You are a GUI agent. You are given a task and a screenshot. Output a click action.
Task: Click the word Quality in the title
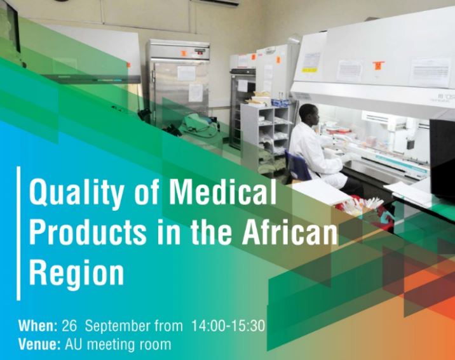(x=76, y=193)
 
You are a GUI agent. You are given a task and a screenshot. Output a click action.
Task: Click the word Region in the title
(x=77, y=274)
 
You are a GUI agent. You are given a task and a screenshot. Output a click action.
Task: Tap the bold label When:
(x=38, y=326)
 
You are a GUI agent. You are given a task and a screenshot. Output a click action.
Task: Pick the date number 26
(x=69, y=326)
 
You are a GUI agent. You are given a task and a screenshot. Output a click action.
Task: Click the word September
(x=117, y=326)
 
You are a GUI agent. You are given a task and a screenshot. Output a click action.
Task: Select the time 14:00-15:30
(x=228, y=326)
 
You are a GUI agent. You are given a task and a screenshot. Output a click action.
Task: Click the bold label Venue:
(x=39, y=345)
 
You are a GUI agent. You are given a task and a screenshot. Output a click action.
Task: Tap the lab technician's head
(x=309, y=115)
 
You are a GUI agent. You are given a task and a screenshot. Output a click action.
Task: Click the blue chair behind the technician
(x=297, y=167)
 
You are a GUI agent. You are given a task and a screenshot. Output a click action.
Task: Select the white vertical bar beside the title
(x=19, y=234)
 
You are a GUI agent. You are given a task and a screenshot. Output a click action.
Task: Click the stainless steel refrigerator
(x=177, y=84)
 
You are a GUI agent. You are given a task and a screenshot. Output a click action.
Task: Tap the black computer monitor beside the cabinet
(x=442, y=157)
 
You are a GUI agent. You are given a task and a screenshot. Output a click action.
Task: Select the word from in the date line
(x=168, y=326)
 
